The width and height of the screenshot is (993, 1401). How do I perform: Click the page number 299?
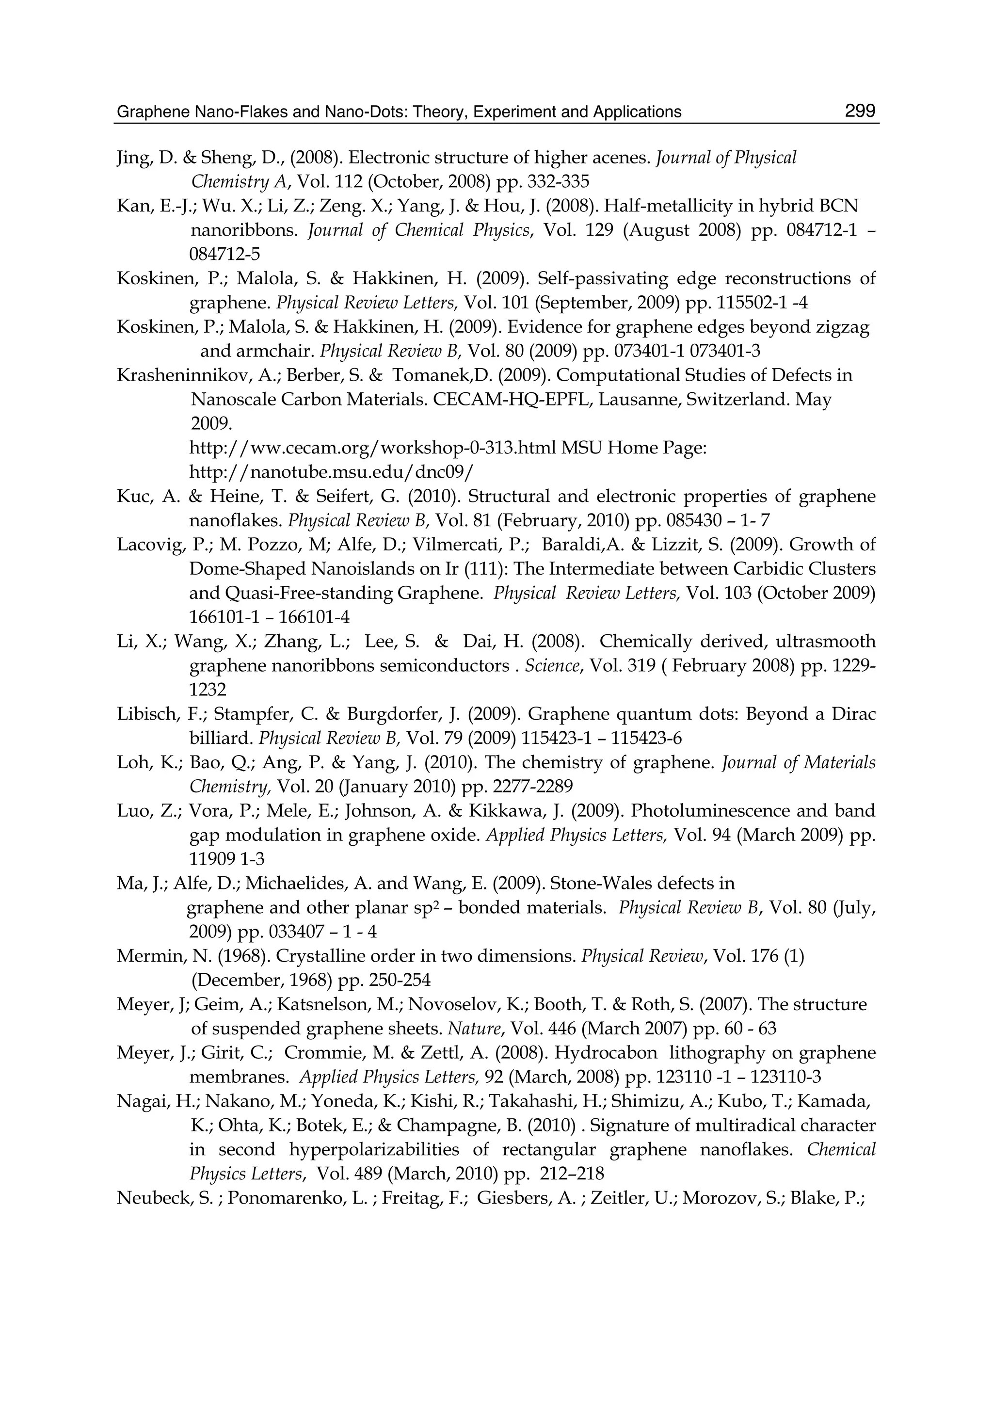tap(860, 111)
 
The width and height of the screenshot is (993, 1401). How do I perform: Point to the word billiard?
tap(221, 738)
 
